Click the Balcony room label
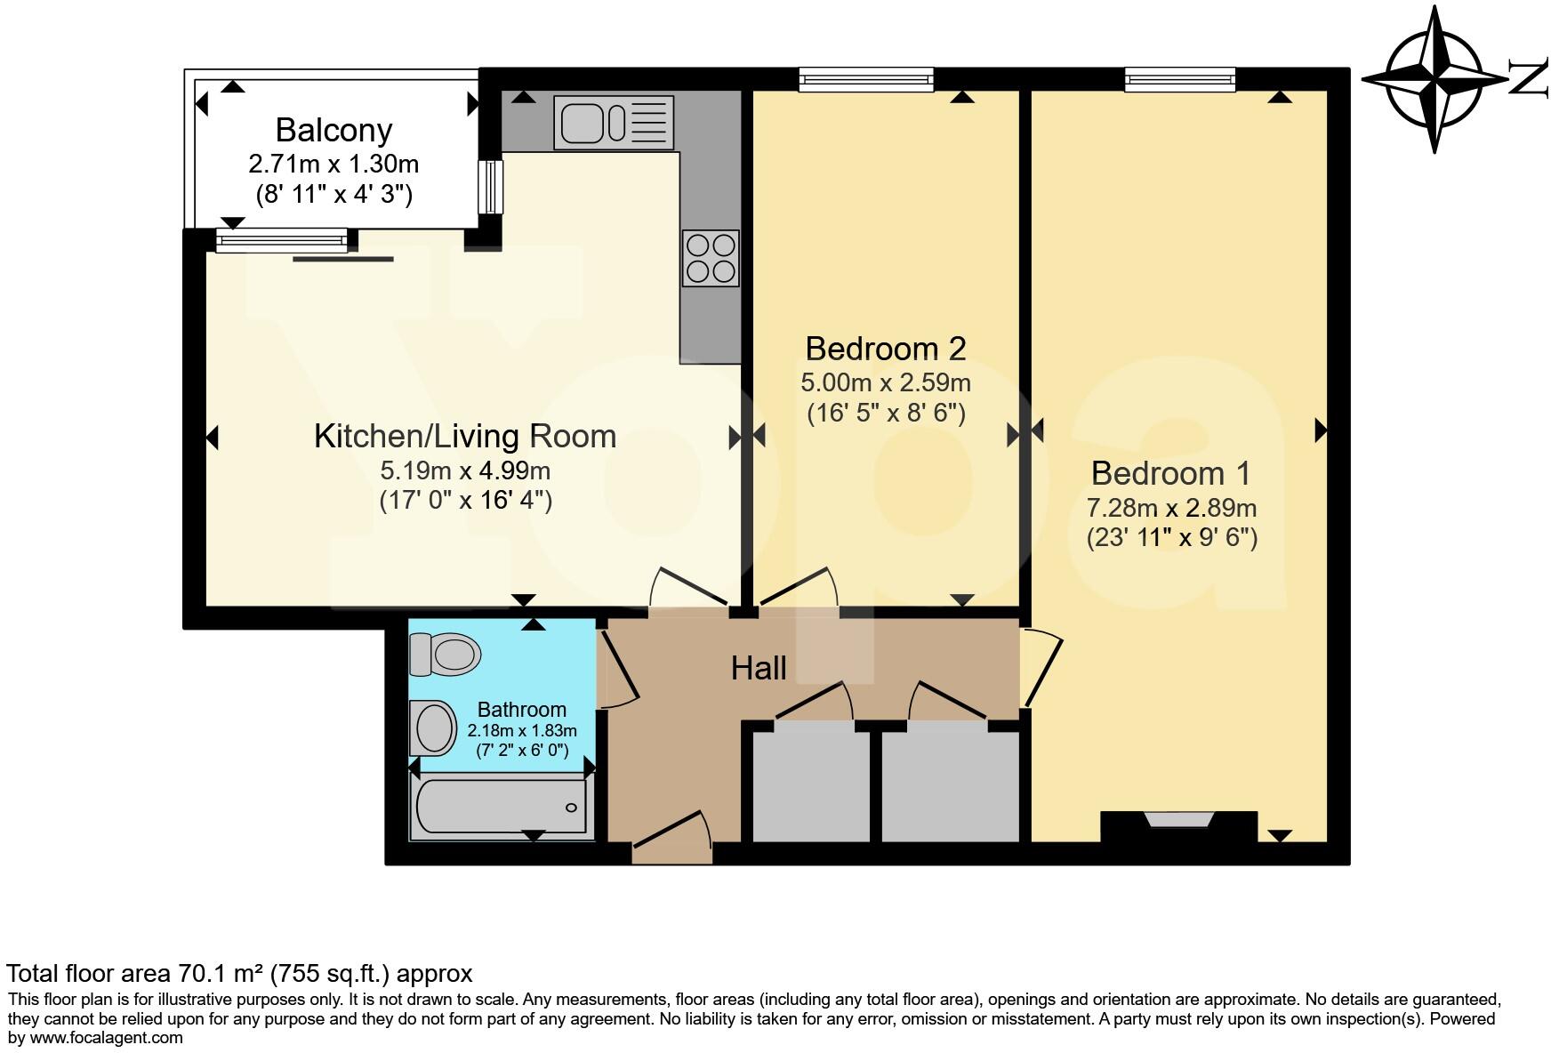point(334,130)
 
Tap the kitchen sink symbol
point(614,122)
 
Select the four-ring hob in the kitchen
point(711,258)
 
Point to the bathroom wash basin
point(433,727)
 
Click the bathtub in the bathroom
point(502,807)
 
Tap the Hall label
point(759,668)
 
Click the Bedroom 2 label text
point(885,348)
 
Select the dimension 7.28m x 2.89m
point(1171,508)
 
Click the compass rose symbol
point(1434,79)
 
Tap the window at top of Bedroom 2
point(866,80)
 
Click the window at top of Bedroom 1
point(1180,80)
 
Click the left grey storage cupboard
point(811,783)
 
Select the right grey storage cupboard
point(951,783)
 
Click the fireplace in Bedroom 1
point(1178,826)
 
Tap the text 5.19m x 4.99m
point(465,470)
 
